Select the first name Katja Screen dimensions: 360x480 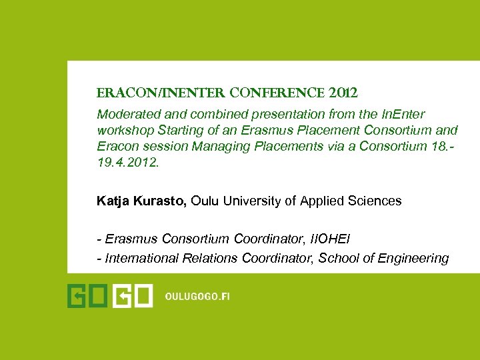pos(113,201)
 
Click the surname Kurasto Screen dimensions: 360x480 pos(161,201)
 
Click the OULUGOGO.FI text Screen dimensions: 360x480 pos(197,297)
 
